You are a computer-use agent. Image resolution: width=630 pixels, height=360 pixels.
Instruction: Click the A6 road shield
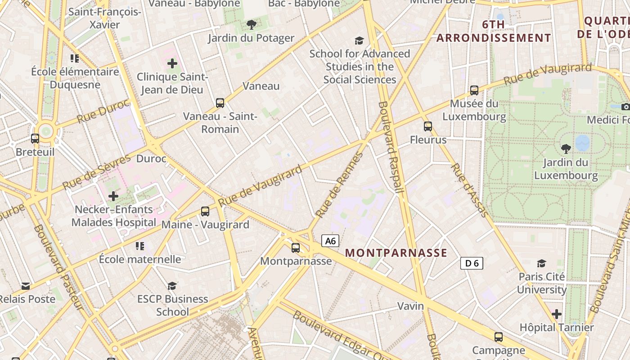pos(330,241)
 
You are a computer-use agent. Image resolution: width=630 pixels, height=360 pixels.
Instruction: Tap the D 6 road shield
pos(472,263)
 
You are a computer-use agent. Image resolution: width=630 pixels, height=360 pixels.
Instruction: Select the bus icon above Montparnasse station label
pos(296,247)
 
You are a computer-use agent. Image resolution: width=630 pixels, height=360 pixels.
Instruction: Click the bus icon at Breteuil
pos(35,139)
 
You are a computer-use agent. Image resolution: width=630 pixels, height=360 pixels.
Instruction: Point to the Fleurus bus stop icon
pos(428,126)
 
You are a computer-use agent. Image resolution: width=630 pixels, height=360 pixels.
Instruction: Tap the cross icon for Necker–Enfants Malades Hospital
pos(113,196)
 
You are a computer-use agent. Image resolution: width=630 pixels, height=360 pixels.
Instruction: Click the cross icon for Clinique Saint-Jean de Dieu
pos(172,63)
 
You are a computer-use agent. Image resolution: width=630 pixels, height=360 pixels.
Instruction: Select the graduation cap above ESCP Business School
pos(172,286)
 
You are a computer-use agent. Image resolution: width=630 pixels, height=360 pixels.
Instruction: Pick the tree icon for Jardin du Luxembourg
pos(566,148)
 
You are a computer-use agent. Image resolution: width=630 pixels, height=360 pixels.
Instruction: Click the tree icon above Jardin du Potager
pos(251,25)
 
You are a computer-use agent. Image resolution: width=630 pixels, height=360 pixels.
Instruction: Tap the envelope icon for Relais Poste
pos(26,286)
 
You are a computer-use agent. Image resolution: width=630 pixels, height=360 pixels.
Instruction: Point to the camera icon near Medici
pos(625,107)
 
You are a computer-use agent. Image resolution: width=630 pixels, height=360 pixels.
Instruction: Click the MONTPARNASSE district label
pos(396,253)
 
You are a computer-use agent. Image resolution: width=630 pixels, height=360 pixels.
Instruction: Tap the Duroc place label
pos(151,159)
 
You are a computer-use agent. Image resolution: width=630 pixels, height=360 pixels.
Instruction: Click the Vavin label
pos(410,306)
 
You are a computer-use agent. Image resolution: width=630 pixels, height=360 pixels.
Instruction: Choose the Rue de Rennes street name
pos(339,185)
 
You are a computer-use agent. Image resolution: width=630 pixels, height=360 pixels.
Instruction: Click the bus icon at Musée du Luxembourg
pos(474,90)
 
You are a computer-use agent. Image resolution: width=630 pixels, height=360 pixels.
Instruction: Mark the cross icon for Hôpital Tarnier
pos(557,314)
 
